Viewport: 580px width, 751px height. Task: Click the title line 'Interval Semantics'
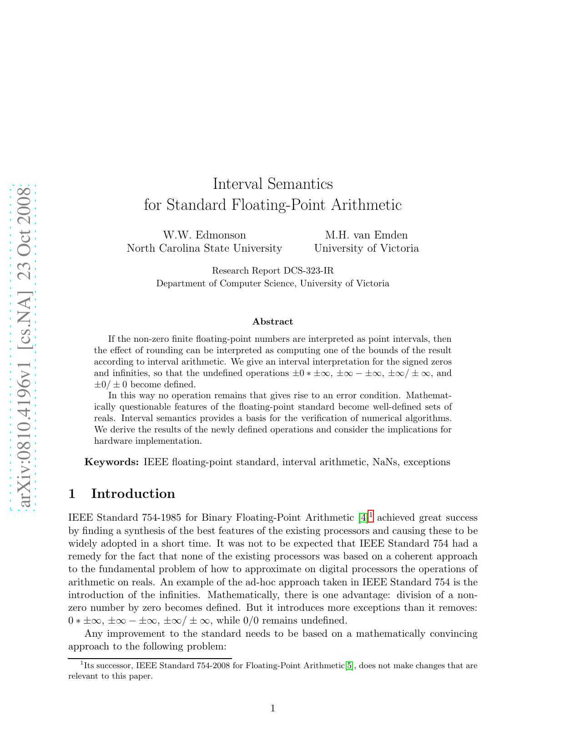[x=272, y=184]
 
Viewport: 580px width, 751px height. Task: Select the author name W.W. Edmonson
[x=204, y=235]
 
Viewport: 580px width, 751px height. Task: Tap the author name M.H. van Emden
[x=366, y=235]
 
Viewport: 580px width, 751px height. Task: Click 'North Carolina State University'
[x=204, y=249]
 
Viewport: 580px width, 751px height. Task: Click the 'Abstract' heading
[x=272, y=322]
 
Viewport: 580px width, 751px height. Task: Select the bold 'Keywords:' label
[x=111, y=462]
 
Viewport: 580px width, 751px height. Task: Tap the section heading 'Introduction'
[x=133, y=494]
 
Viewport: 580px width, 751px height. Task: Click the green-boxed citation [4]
[x=363, y=518]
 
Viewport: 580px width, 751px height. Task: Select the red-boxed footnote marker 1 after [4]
[x=370, y=516]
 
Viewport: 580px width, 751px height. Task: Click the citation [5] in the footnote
[x=349, y=666]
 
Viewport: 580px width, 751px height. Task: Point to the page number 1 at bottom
[x=272, y=708]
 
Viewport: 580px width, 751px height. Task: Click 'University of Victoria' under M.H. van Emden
[x=366, y=249]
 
